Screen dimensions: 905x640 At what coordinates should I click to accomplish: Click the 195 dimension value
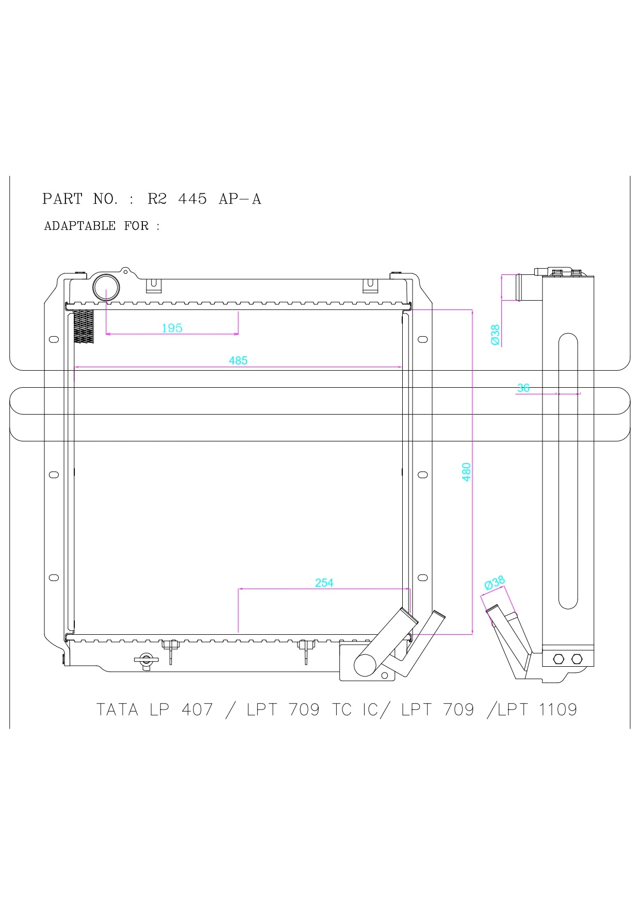click(x=172, y=328)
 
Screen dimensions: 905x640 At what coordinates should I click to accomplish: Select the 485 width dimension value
click(x=238, y=360)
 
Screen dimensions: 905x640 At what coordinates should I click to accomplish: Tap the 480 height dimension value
click(x=466, y=472)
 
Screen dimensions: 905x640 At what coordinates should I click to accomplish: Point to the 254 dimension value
click(x=324, y=583)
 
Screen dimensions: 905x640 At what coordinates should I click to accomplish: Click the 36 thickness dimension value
click(x=523, y=388)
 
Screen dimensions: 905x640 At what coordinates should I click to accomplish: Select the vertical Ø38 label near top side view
click(x=495, y=335)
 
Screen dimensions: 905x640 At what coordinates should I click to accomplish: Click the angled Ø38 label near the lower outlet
click(x=495, y=583)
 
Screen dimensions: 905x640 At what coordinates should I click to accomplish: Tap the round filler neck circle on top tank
click(x=106, y=288)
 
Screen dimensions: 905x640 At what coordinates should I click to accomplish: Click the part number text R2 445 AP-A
click(x=204, y=199)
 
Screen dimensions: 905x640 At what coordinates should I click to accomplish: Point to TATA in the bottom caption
click(x=117, y=710)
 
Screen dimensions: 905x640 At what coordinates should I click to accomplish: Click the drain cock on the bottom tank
click(x=146, y=660)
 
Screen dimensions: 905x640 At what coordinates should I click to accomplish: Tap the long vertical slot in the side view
click(x=568, y=470)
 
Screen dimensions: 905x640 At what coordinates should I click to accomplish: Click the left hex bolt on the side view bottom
click(x=559, y=659)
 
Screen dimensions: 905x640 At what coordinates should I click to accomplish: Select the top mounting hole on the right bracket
click(x=422, y=339)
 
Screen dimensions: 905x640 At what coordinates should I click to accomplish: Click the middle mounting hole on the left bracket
click(x=53, y=474)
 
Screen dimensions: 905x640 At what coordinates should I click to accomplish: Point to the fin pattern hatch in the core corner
click(x=84, y=326)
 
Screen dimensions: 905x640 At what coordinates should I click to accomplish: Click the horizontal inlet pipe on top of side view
click(x=528, y=287)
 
